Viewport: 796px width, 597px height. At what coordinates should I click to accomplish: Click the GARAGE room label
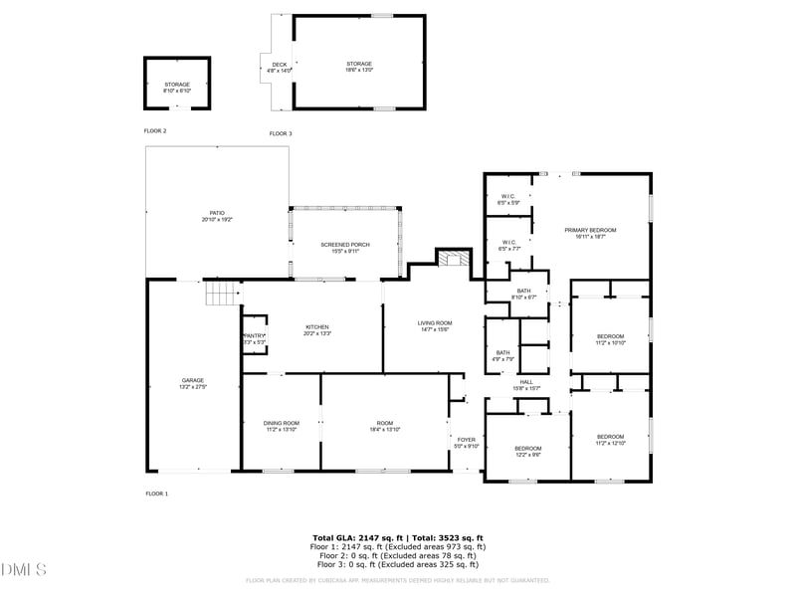[x=192, y=381]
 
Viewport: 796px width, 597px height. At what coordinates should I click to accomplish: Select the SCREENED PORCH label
[x=345, y=247]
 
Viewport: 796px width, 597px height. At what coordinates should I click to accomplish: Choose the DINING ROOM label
[x=281, y=426]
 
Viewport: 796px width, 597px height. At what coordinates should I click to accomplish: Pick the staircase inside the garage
[x=223, y=294]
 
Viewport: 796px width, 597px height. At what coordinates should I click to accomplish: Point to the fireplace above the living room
[x=453, y=259]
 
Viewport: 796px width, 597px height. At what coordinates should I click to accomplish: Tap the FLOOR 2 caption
[x=155, y=131]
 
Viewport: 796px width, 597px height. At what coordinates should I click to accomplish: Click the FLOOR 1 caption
[x=157, y=494]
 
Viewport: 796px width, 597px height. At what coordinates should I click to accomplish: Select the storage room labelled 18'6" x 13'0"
[x=359, y=67]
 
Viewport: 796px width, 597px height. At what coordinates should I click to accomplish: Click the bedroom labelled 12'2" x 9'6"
[x=527, y=451]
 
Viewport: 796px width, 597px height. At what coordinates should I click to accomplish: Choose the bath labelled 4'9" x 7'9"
[x=503, y=355]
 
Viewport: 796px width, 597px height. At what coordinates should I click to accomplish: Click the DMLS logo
[x=24, y=570]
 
